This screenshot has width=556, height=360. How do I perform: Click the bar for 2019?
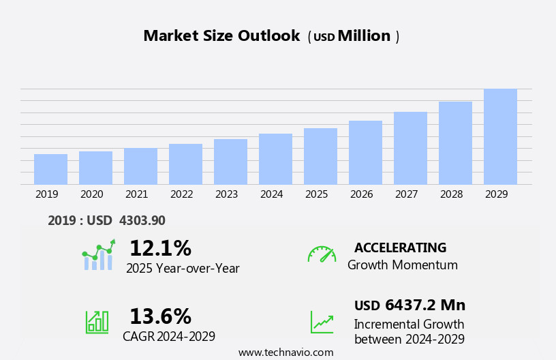[x=50, y=169]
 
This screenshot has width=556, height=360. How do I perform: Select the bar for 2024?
[x=275, y=159]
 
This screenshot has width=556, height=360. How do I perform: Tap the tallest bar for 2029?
[x=500, y=136]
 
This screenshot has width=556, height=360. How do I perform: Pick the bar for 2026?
[x=365, y=153]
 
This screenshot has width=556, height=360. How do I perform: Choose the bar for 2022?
[x=185, y=164]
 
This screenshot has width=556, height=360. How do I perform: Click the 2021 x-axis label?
[x=136, y=194]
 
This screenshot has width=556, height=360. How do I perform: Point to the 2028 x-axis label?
[x=451, y=194]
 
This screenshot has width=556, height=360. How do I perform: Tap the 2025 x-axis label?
[x=316, y=194]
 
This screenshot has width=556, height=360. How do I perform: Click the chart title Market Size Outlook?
[x=221, y=36]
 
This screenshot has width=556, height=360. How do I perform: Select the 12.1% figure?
[x=160, y=248]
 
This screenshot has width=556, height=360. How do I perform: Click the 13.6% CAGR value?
[x=160, y=316]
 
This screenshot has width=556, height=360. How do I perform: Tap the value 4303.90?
[x=142, y=220]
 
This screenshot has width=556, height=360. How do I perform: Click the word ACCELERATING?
[x=400, y=247]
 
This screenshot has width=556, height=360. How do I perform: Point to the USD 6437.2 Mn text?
[x=410, y=305]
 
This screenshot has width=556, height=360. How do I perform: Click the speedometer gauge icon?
[x=322, y=254]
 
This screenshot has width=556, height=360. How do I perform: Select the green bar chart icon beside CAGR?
[x=97, y=321]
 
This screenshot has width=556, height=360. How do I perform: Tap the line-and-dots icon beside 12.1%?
[x=98, y=255]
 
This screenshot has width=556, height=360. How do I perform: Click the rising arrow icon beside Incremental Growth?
[x=322, y=322]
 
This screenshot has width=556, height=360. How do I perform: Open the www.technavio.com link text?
[x=285, y=352]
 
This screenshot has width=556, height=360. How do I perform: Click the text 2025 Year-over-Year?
[x=183, y=269]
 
